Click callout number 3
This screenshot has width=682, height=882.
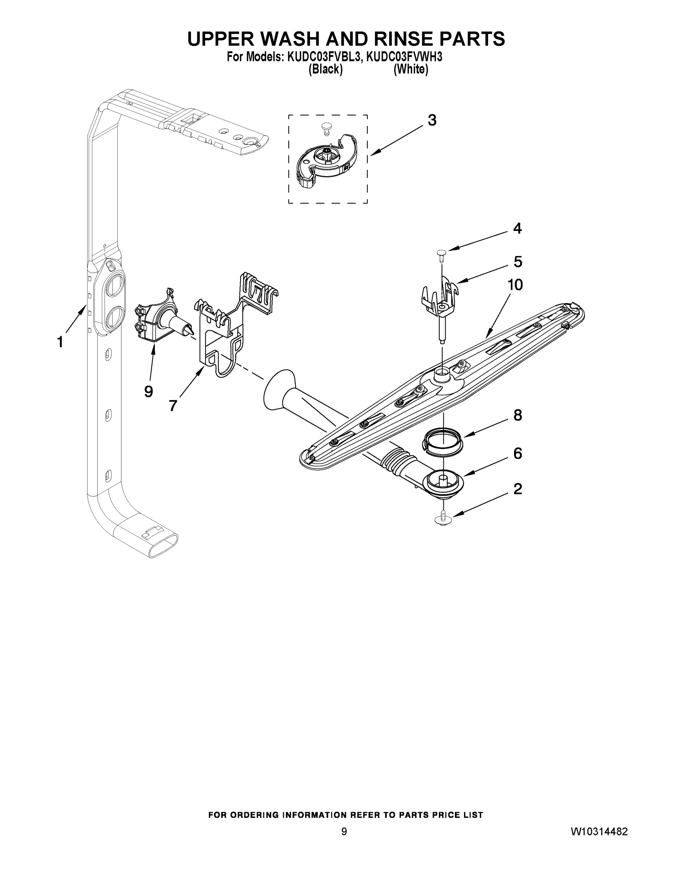click(x=432, y=120)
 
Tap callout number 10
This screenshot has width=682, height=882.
click(x=515, y=285)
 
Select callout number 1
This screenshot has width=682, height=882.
click(x=60, y=342)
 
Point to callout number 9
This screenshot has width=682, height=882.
click(x=148, y=391)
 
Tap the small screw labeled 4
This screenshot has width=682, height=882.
click(x=441, y=253)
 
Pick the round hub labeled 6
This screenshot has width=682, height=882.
click(x=443, y=482)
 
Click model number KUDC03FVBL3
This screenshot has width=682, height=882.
click(x=323, y=57)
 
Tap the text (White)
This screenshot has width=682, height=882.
click(x=411, y=70)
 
